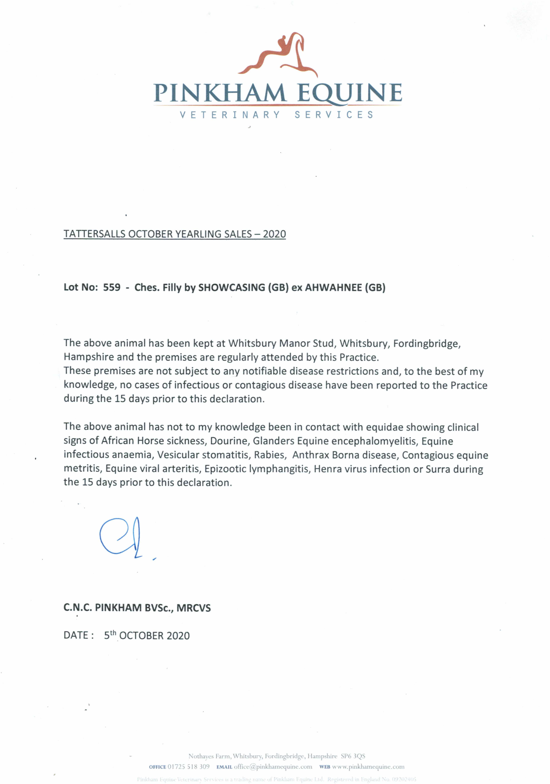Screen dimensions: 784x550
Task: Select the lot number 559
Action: (112, 287)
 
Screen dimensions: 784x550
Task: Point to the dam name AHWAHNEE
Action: (333, 288)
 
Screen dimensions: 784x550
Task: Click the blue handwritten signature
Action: (123, 538)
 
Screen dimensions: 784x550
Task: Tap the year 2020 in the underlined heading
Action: (274, 234)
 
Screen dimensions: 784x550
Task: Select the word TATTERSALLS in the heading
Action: (95, 234)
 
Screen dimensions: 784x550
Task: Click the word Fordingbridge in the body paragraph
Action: (427, 344)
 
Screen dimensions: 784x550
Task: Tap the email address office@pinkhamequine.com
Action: (273, 767)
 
